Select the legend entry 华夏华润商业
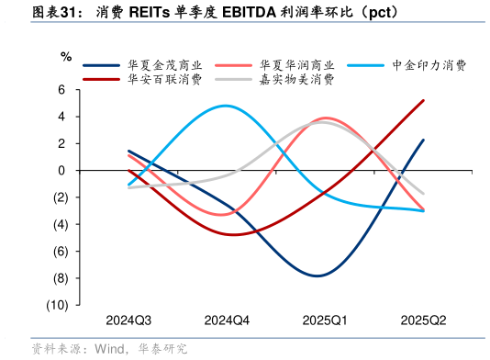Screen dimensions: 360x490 (296, 65)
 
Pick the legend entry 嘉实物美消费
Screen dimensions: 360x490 (296, 80)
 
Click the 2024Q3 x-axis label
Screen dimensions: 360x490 (128, 321)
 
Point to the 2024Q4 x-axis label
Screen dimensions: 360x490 (227, 321)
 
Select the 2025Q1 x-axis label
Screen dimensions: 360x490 (325, 321)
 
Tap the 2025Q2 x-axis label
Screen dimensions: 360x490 (423, 321)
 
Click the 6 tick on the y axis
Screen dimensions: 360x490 (62, 90)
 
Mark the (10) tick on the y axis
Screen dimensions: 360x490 (56, 305)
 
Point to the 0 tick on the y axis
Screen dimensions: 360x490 (62, 171)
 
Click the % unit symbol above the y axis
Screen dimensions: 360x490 (65, 57)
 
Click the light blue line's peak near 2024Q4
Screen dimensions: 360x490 (227, 106)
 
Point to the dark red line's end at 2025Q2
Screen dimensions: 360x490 (423, 100)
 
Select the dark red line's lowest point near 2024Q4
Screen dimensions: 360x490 (233, 234)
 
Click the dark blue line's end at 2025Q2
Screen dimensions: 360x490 (423, 140)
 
